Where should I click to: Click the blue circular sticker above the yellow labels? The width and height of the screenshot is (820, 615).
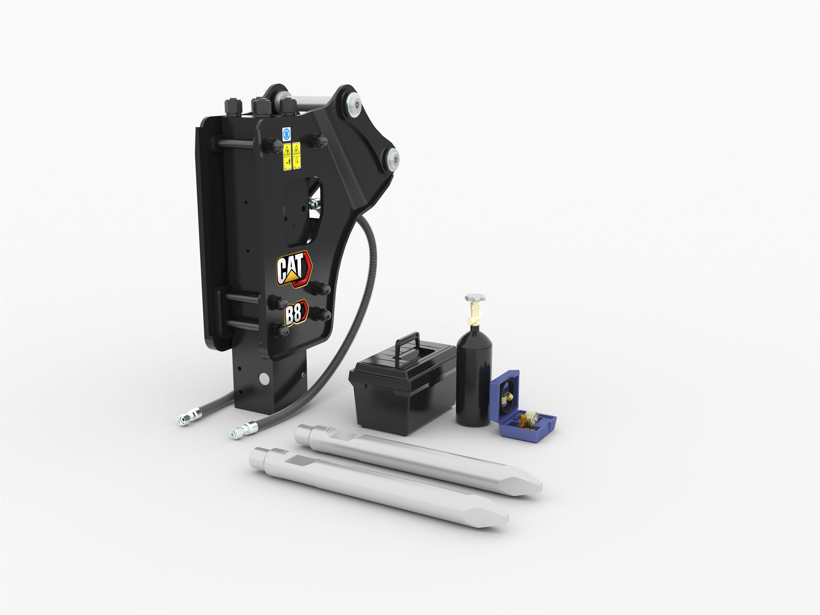click(286, 134)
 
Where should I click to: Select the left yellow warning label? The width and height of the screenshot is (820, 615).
click(287, 156)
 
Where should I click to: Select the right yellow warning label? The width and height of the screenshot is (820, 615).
click(296, 155)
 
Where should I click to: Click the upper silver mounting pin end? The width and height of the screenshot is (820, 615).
click(354, 105)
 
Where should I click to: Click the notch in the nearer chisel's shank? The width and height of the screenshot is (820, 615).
click(302, 461)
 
